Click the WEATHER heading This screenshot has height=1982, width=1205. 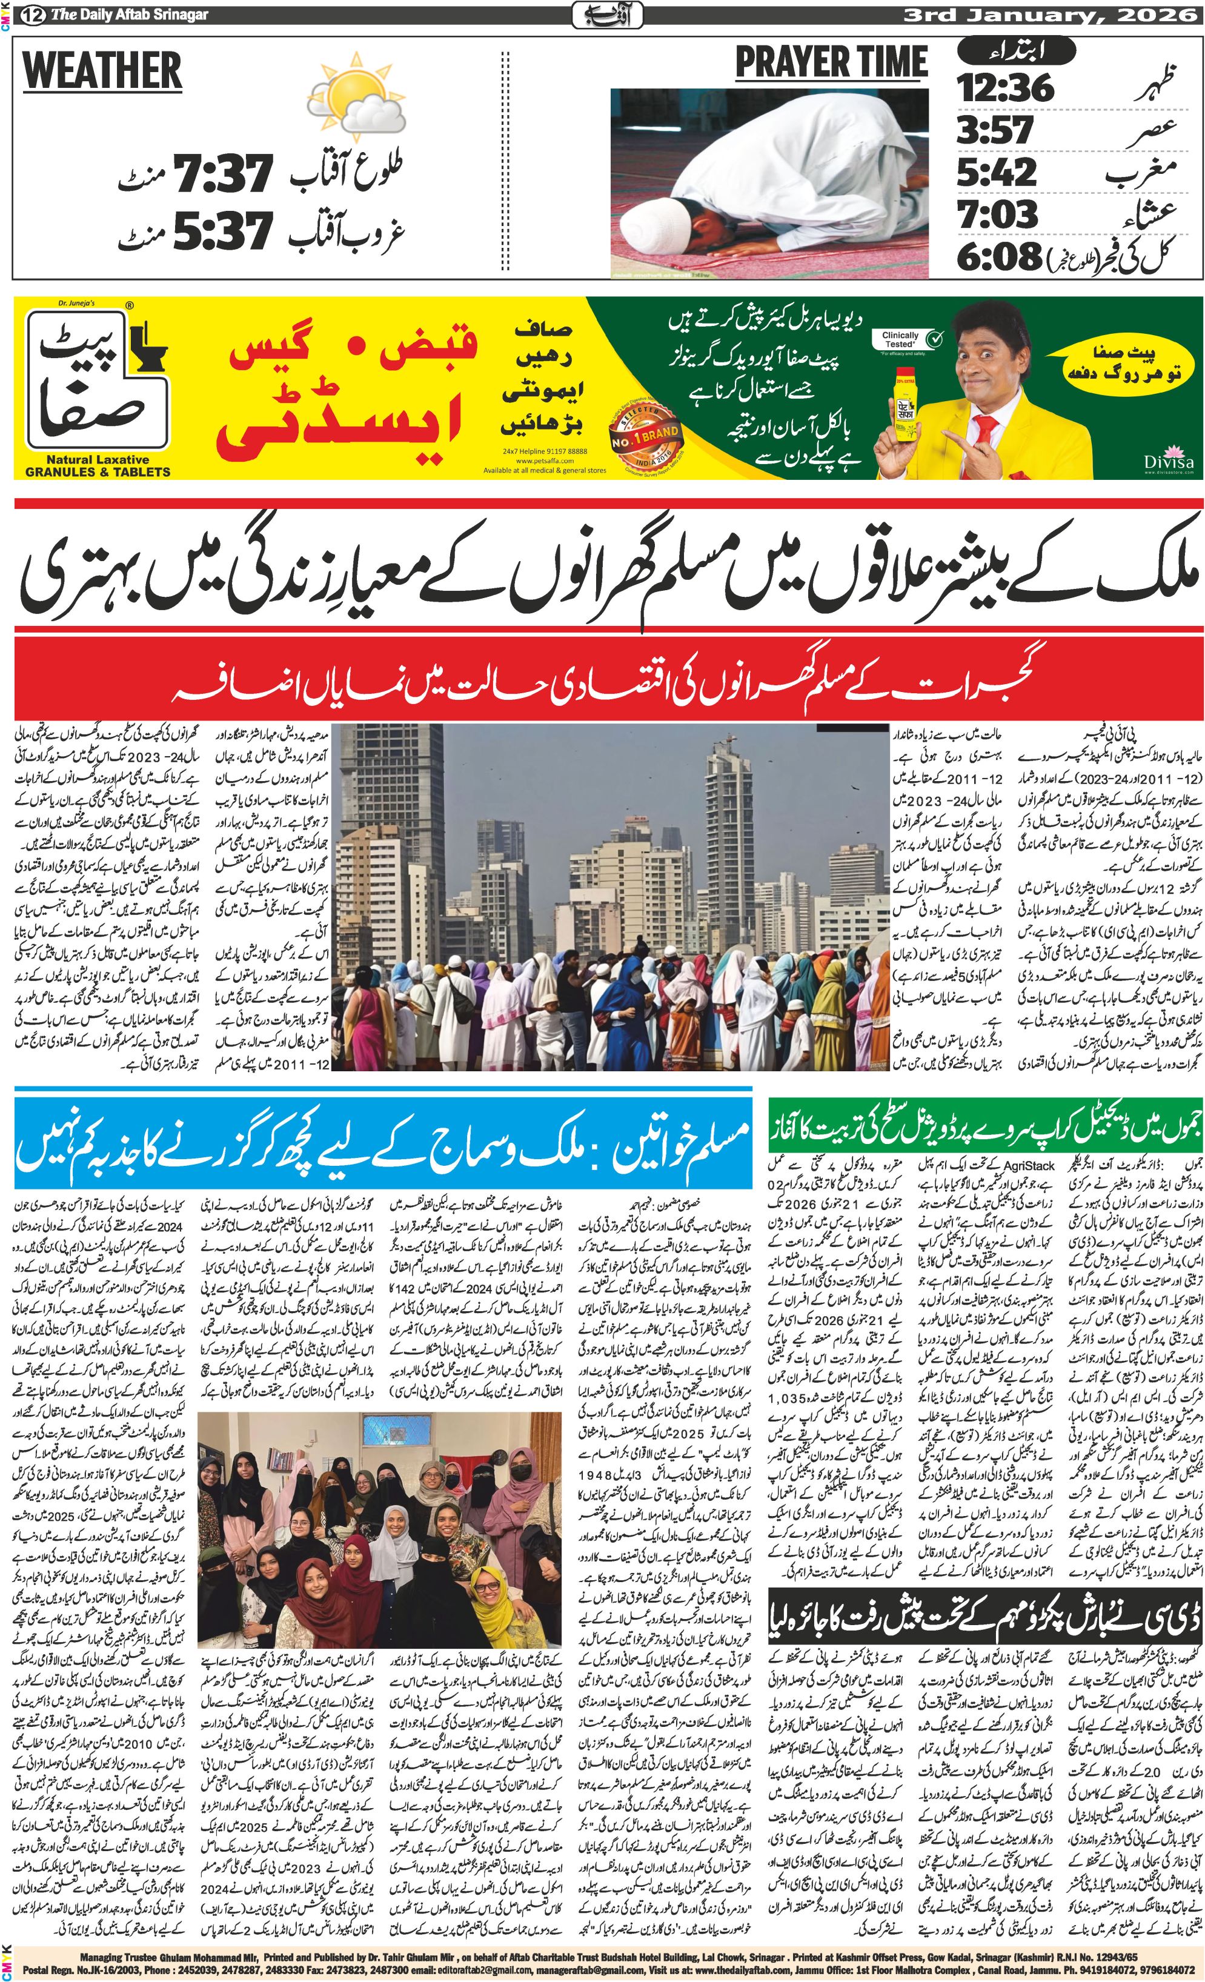[x=102, y=71]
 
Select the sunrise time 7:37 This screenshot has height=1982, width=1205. [x=225, y=175]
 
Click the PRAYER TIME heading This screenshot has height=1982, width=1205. [x=831, y=63]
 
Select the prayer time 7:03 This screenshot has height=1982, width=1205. [x=997, y=214]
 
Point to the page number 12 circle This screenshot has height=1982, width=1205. [x=35, y=15]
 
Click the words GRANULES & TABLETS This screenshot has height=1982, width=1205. [x=98, y=472]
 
